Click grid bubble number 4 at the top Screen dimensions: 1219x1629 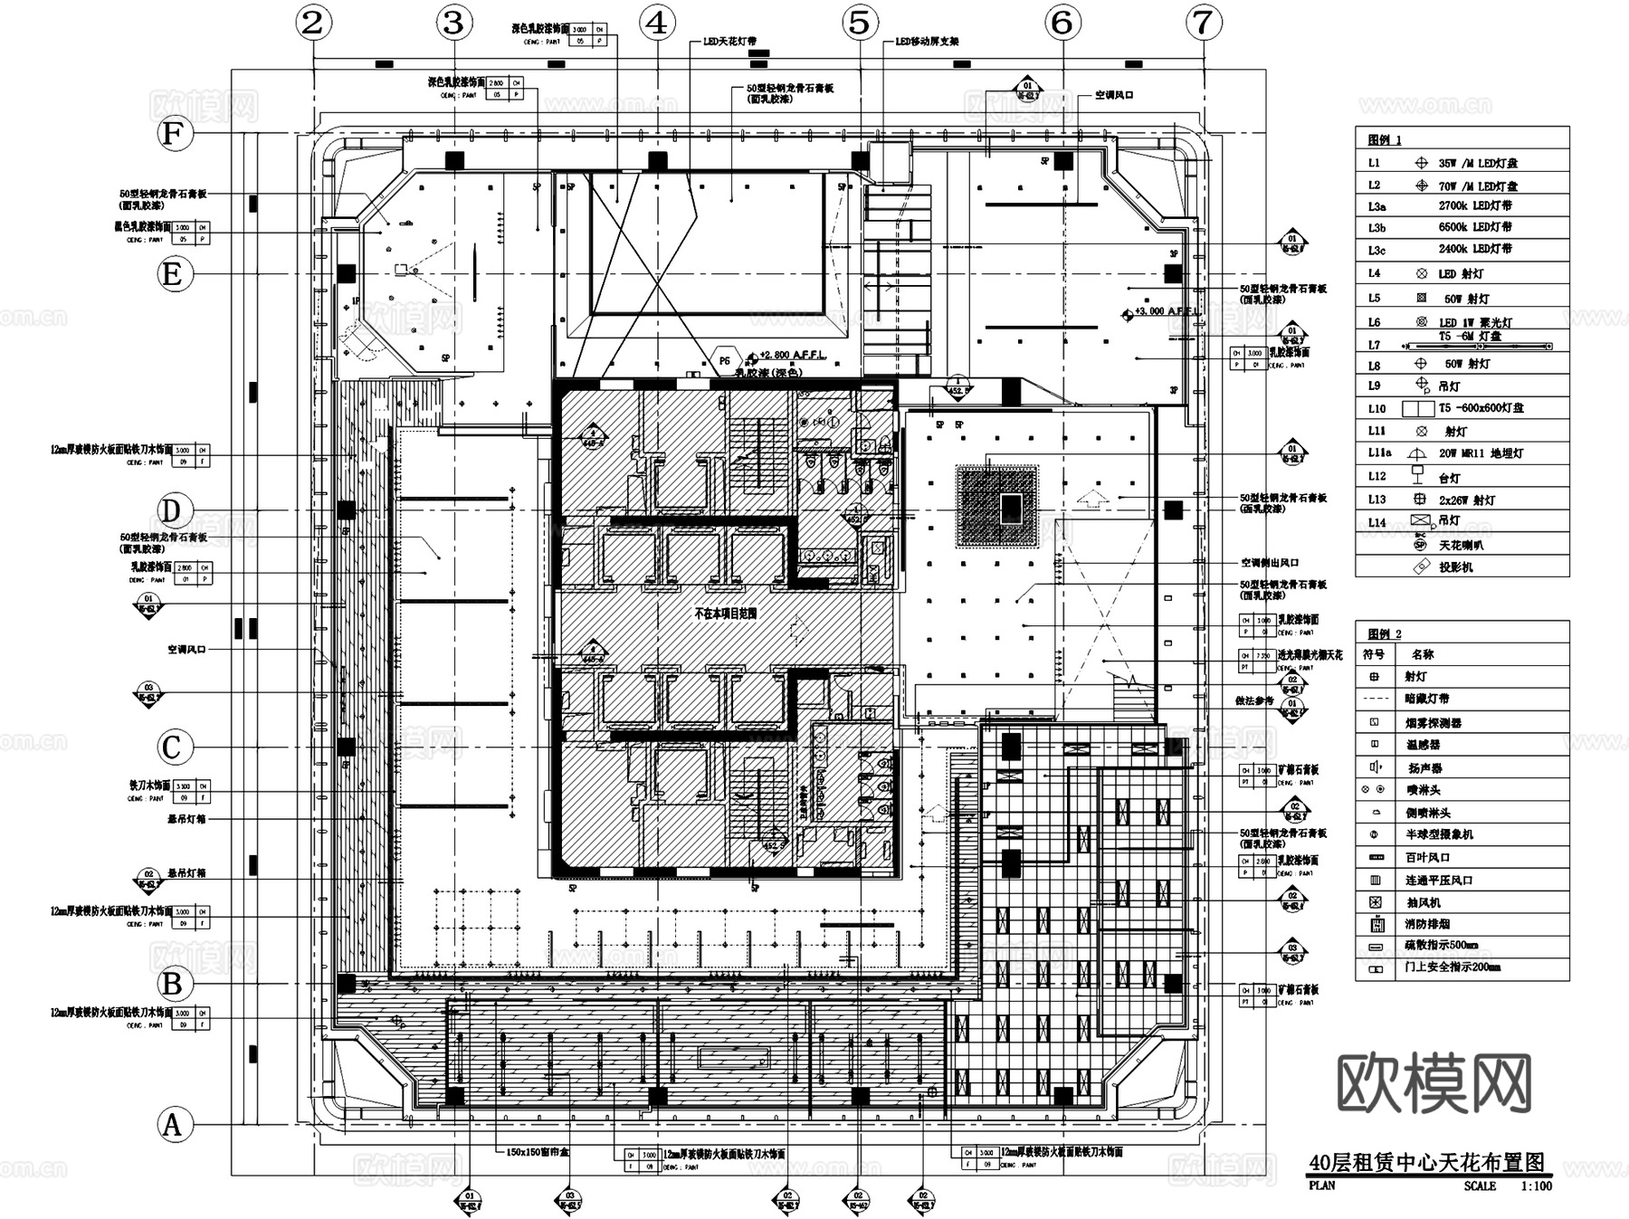click(x=657, y=23)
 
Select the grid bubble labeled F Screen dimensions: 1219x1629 click(x=174, y=134)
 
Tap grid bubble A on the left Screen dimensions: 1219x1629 click(x=173, y=1125)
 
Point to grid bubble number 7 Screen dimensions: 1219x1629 click(x=1203, y=23)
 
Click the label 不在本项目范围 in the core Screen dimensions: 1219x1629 click(x=725, y=613)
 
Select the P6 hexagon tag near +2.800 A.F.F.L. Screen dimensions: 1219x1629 click(x=724, y=360)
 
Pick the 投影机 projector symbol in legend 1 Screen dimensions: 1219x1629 click(x=1421, y=567)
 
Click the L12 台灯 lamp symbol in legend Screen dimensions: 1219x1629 click(x=1419, y=475)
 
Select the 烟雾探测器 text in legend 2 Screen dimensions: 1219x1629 click(x=1433, y=722)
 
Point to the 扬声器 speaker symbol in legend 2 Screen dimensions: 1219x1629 click(x=1376, y=767)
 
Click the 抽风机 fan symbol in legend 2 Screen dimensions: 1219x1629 click(x=1376, y=902)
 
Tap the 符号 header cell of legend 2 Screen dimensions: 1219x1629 click(x=1375, y=654)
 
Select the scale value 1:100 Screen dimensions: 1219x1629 click(x=1536, y=1186)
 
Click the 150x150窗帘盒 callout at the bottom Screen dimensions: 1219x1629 click(x=538, y=1153)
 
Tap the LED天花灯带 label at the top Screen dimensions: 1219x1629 click(x=729, y=42)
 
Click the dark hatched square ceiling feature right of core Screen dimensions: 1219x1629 click(x=998, y=506)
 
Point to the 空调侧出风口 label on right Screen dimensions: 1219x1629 click(x=1270, y=562)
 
